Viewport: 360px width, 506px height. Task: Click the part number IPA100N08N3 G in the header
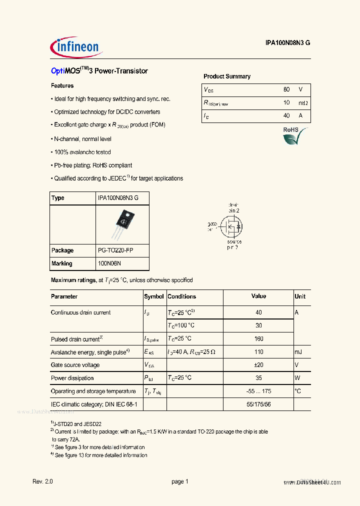(x=287, y=43)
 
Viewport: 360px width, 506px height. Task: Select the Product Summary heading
(x=227, y=76)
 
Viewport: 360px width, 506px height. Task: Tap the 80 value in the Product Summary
(x=286, y=89)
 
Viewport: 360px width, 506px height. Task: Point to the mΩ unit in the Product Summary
(x=303, y=102)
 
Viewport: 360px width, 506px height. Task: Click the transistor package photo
(x=123, y=223)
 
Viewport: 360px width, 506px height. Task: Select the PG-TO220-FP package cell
(x=115, y=250)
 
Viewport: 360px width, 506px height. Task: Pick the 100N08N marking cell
(x=109, y=263)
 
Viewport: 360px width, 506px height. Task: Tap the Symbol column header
(x=154, y=296)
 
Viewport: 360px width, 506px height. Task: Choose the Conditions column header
(x=182, y=296)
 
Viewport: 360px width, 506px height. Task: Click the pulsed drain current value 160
(x=258, y=339)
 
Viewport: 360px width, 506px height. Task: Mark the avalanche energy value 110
(x=258, y=352)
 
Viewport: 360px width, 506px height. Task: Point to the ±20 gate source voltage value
(x=258, y=365)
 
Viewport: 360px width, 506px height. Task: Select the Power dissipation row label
(x=72, y=378)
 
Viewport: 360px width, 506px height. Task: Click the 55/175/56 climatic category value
(x=258, y=404)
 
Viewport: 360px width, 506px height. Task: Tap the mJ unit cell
(x=298, y=352)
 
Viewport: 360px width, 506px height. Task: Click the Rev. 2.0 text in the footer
(x=42, y=481)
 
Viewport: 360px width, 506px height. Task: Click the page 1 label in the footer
(x=180, y=481)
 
